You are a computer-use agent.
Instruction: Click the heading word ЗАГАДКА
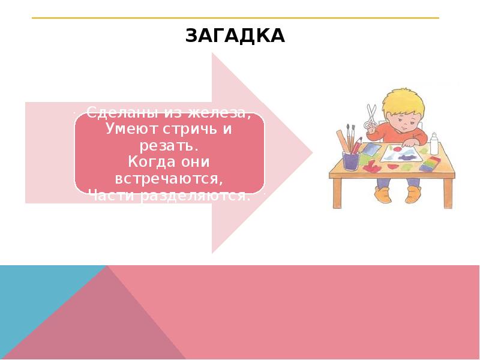235,37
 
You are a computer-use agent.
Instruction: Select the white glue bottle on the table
435,144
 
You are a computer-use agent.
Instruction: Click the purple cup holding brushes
350,160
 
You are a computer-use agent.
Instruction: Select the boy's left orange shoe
382,193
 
